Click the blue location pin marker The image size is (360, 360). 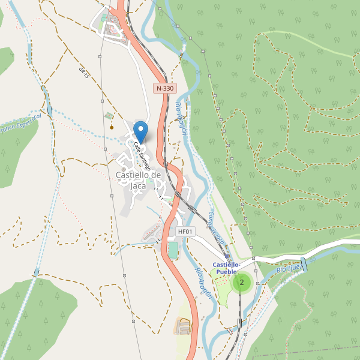(140, 131)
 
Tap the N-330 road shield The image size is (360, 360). (164, 88)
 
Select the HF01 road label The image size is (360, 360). (185, 232)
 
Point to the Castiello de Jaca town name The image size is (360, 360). (138, 180)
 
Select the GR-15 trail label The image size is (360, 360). (83, 73)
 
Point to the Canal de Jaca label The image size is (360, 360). (217, 228)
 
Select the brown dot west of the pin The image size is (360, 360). (112, 127)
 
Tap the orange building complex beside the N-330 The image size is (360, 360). (184, 326)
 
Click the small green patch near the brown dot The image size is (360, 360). (108, 115)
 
